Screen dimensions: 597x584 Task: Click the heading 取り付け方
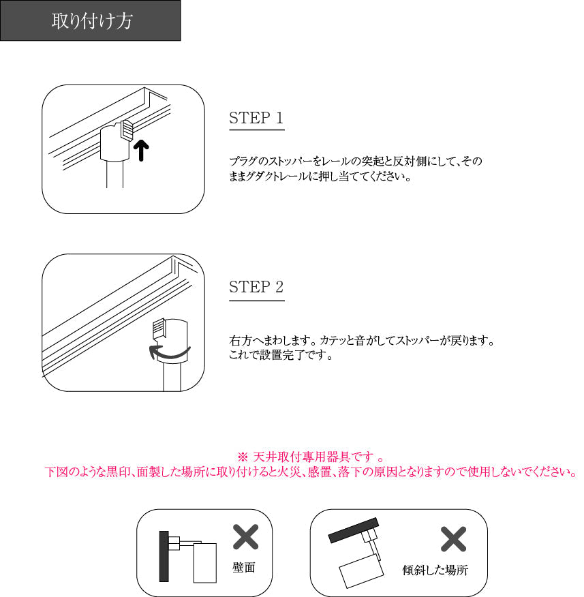[91, 21]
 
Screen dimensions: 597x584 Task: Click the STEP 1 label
[256, 118]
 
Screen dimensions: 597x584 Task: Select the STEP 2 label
[256, 287]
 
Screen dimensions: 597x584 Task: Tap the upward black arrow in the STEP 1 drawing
[140, 150]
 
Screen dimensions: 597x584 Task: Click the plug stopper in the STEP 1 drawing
[127, 129]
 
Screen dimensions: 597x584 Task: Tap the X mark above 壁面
[245, 537]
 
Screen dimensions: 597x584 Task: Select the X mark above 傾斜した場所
[452, 539]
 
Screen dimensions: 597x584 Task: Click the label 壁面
[244, 568]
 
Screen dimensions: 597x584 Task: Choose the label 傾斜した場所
[435, 570]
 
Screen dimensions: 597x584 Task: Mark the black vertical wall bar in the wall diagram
[164, 556]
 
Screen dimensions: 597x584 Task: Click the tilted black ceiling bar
[354, 528]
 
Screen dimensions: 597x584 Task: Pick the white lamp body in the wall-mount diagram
[204, 562]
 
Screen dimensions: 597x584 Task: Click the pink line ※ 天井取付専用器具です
[311, 457]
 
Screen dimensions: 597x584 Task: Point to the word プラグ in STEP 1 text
[239, 162]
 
